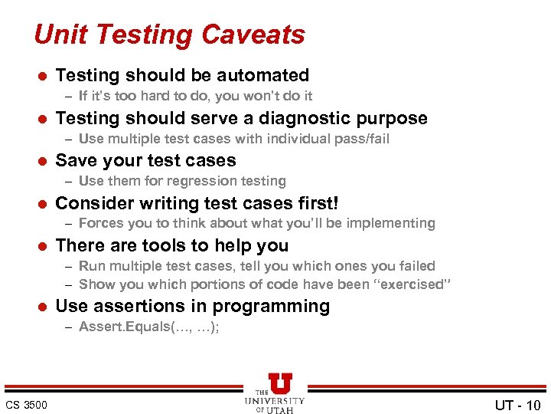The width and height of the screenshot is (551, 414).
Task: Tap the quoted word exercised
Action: [x=415, y=284]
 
